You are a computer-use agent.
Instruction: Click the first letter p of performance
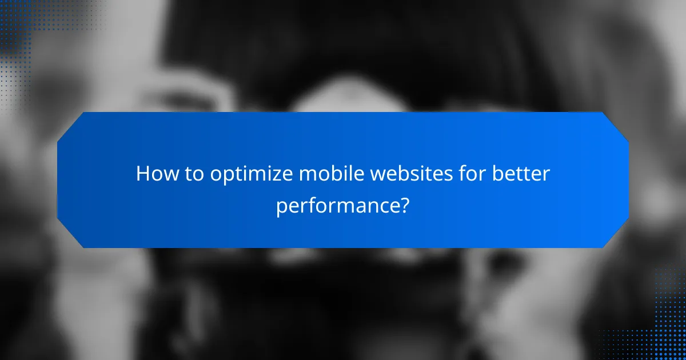pyautogui.click(x=282, y=207)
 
